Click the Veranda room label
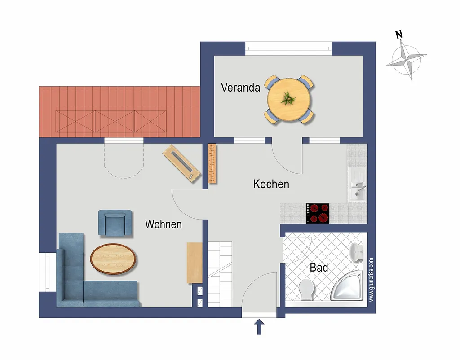(240, 88)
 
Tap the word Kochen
(271, 184)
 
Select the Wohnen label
(164, 224)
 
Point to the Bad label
(319, 268)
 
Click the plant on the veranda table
(288, 98)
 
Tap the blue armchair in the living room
(115, 223)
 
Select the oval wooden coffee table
(113, 259)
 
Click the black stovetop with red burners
(318, 213)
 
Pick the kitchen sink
(357, 184)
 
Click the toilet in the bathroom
(306, 290)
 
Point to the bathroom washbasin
(356, 252)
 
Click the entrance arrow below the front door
(259, 327)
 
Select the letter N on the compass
(399, 35)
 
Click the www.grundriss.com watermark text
(372, 280)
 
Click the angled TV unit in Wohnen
(182, 163)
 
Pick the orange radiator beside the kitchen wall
(212, 163)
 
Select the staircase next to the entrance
(220, 274)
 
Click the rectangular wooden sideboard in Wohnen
(195, 263)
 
